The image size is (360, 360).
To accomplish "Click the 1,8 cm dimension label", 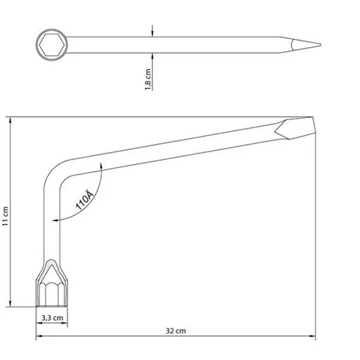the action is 148,79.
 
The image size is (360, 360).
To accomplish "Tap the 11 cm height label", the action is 5,216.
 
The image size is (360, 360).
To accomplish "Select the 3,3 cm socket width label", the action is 52,318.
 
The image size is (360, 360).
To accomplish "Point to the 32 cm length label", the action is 176,331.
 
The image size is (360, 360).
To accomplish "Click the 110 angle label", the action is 85,200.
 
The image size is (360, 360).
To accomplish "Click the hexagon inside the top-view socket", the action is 52,45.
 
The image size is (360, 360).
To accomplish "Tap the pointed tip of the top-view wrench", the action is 320,45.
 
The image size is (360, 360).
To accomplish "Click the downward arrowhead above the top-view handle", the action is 152,33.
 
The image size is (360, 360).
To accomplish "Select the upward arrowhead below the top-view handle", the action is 152,56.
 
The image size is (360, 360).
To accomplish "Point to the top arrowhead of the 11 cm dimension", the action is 10,121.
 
